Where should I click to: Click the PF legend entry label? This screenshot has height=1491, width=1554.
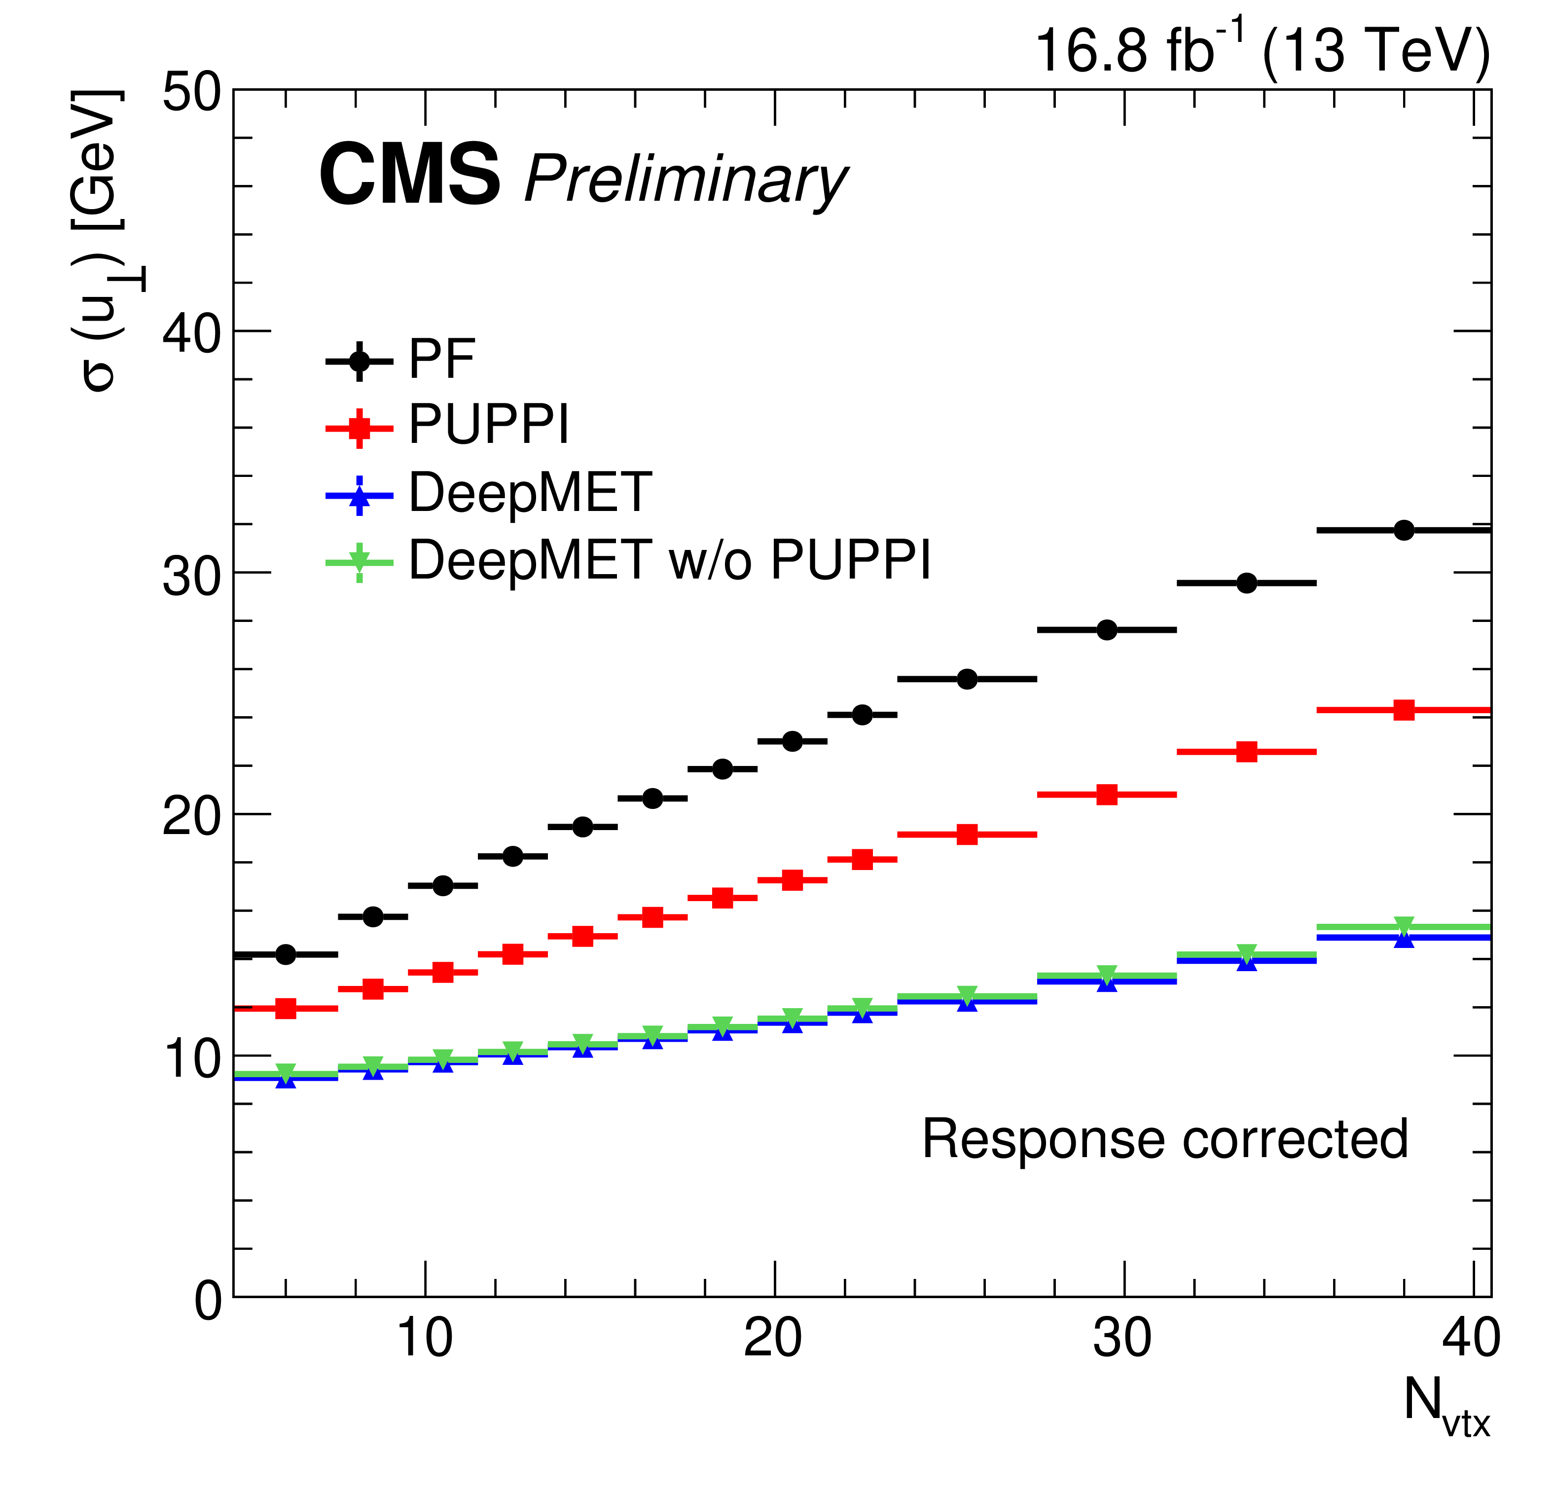[441, 359]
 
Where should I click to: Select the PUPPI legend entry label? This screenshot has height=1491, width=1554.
[488, 426]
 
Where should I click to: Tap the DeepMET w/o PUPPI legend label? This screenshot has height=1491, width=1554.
[669, 561]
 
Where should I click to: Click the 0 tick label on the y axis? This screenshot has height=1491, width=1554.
[209, 1302]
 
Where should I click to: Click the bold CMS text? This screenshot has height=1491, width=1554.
[409, 176]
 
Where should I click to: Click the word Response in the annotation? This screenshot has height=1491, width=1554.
[1046, 1140]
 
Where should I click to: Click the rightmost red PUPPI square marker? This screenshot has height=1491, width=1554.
[1404, 710]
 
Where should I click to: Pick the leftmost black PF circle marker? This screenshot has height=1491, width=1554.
[286, 954]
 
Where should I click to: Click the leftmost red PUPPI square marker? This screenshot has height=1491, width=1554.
[286, 1009]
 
